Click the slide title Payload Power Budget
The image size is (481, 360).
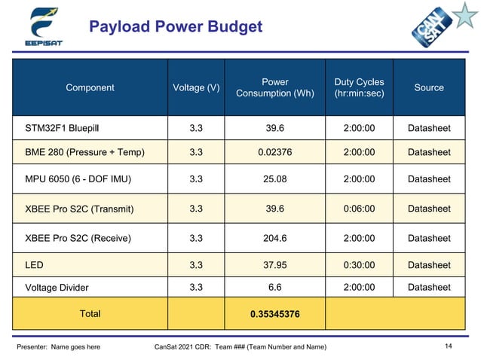tap(176, 28)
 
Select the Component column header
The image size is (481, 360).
tap(90, 87)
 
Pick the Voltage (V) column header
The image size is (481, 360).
tap(196, 87)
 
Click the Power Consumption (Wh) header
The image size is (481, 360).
tap(274, 87)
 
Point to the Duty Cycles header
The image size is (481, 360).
tap(359, 87)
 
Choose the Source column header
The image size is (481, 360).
tap(429, 87)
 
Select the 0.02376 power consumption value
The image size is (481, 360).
tap(274, 152)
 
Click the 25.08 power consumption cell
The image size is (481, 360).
tap(274, 179)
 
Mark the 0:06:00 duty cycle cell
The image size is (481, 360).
tap(359, 208)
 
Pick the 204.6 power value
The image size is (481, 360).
tap(274, 238)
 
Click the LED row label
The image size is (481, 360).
tap(35, 265)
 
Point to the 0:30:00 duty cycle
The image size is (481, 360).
tap(359, 265)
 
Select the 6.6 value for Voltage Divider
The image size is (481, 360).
tap(274, 287)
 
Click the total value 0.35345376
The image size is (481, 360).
tap(274, 313)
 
